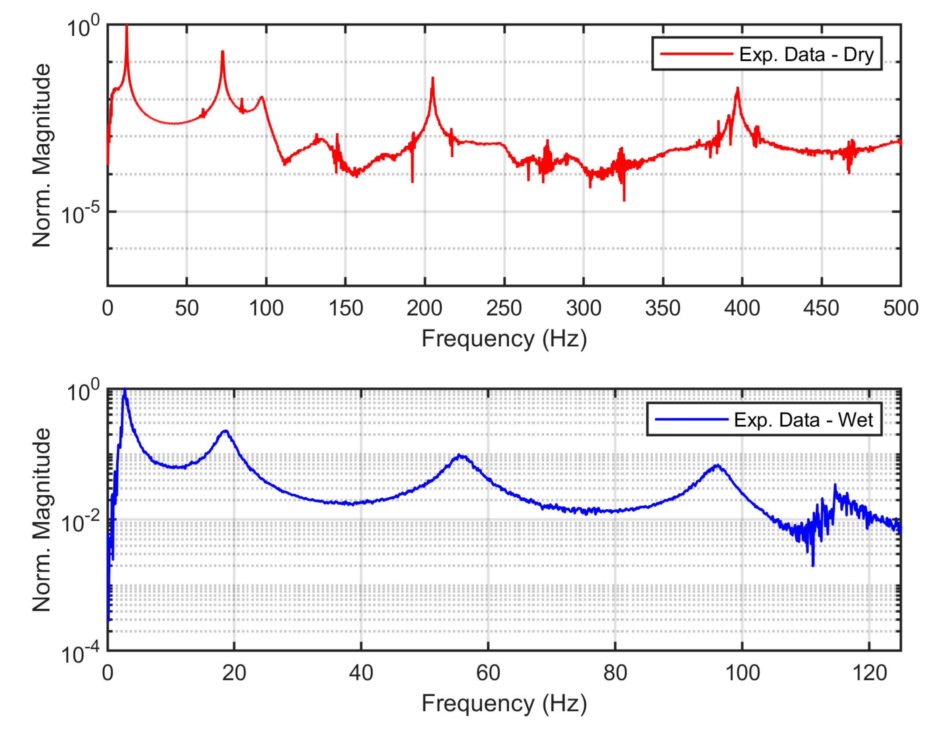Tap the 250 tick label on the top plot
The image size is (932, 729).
click(504, 308)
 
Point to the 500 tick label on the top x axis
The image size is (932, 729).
click(900, 308)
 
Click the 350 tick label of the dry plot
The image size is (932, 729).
click(663, 308)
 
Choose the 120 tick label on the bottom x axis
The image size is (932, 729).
click(869, 673)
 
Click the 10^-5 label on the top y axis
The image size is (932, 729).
click(80, 214)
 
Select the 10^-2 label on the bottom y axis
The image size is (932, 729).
click(80, 522)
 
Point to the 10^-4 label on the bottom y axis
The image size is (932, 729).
click(80, 653)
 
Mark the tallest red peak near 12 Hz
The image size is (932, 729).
click(126, 26)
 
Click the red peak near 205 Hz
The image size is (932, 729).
click(433, 78)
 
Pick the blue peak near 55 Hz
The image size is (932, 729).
click(459, 455)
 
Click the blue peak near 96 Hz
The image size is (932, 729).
click(718, 466)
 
